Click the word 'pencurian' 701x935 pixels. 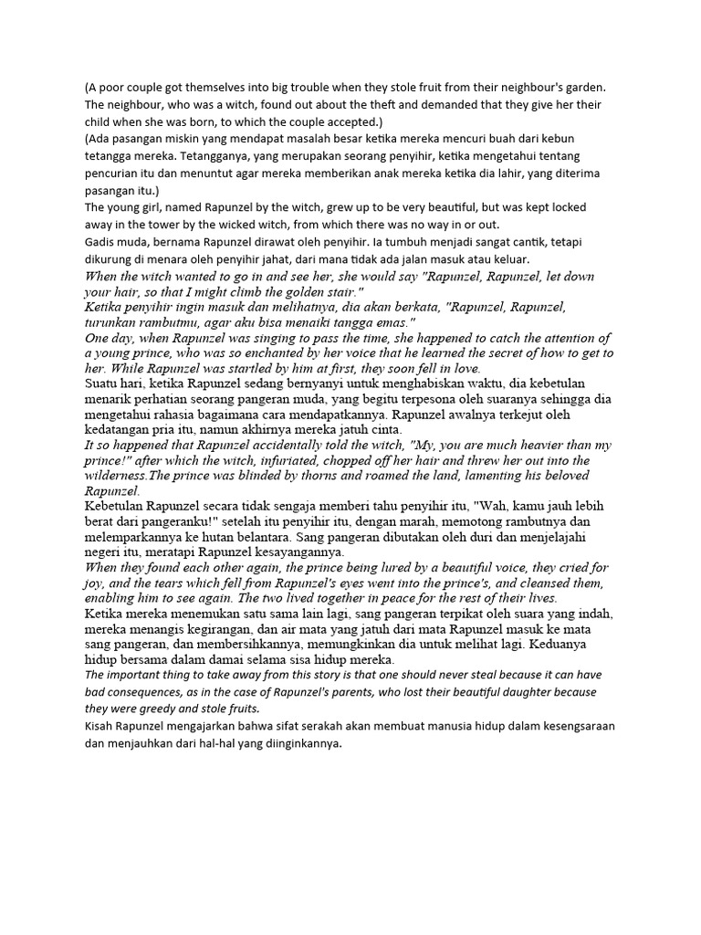[115, 173]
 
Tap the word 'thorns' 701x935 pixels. [320, 476]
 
